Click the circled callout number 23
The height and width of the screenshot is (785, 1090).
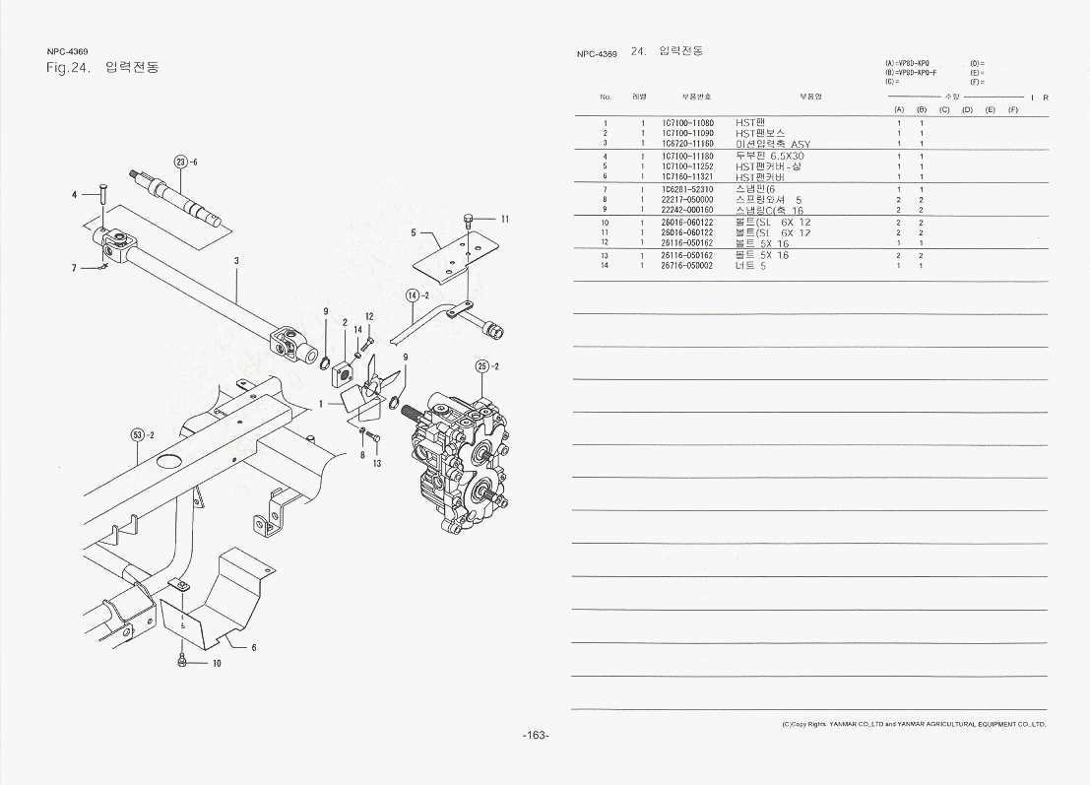180,162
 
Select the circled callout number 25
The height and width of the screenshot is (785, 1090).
481,365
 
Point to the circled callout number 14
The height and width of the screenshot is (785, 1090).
413,294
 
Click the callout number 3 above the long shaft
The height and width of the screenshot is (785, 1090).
236,261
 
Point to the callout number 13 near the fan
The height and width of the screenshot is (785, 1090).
376,464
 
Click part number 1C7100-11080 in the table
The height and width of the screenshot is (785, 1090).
687,123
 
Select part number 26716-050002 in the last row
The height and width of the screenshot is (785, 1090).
687,266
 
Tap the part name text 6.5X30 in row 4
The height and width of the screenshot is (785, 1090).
787,156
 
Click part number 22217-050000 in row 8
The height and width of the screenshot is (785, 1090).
687,199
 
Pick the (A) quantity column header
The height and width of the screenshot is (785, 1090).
899,109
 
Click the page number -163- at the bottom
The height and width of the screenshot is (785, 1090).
535,736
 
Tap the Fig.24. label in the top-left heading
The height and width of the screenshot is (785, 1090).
69,68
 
